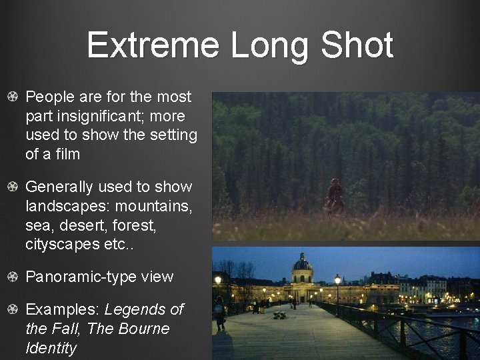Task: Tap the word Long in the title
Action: [x=271, y=45]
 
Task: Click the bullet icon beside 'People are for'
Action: [x=12, y=97]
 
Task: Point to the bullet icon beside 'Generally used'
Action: [x=12, y=187]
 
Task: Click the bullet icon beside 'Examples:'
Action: [x=12, y=310]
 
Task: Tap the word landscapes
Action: [x=66, y=207]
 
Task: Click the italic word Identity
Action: [x=51, y=348]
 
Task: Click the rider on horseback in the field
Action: [x=335, y=197]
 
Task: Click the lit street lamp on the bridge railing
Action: [x=337, y=280]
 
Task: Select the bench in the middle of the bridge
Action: [x=280, y=314]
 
